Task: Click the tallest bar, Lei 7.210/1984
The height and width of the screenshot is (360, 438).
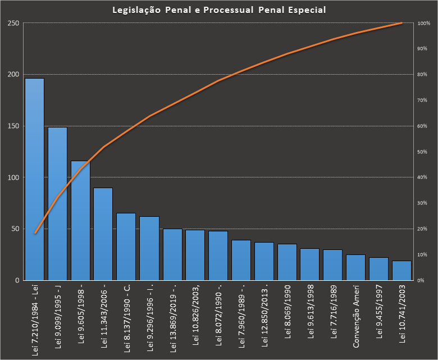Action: [x=34, y=180]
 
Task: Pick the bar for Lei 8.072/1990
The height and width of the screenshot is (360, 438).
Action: [x=218, y=256]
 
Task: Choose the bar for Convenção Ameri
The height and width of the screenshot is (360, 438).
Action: [x=355, y=267]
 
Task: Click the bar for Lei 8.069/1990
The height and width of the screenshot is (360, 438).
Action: [x=287, y=262]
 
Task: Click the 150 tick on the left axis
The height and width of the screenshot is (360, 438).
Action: [x=12, y=126]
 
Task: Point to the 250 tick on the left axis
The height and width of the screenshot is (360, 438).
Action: [x=12, y=23]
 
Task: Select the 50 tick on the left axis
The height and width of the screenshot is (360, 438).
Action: [x=14, y=229]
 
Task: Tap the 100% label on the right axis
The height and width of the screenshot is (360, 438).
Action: [x=424, y=23]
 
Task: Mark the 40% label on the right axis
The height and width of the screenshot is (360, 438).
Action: [x=423, y=177]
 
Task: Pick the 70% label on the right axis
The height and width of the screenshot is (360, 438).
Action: [x=423, y=100]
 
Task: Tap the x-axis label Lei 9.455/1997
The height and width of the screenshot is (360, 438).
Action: [x=378, y=312]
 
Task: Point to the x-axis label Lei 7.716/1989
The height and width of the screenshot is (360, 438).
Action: [x=333, y=312]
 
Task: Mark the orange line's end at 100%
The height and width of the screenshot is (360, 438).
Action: [x=401, y=23]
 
